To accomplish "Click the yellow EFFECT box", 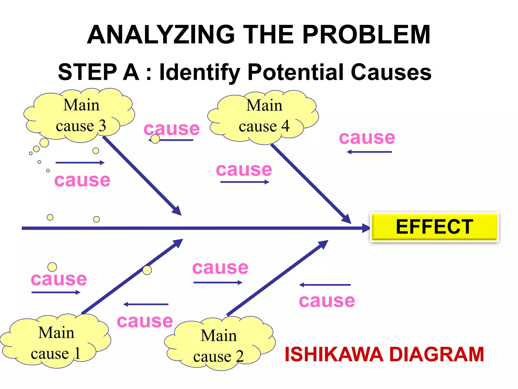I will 434,227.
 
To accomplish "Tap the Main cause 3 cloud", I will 80,115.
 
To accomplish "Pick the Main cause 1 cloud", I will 56,342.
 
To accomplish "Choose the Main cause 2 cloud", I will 219,344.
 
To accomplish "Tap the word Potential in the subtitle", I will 296,72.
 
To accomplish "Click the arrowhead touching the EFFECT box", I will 366,228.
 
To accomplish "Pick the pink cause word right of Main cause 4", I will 367,138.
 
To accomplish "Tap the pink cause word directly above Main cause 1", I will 59,279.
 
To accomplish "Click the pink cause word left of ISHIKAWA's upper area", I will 327,301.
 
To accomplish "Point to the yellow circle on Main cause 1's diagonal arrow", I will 147,270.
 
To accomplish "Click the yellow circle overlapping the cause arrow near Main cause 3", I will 155,139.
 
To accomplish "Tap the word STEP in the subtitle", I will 87,72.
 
